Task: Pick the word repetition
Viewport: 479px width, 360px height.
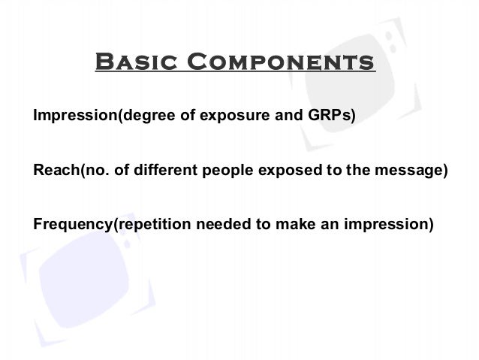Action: coord(143,223)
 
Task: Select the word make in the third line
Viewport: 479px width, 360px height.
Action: coord(282,223)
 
